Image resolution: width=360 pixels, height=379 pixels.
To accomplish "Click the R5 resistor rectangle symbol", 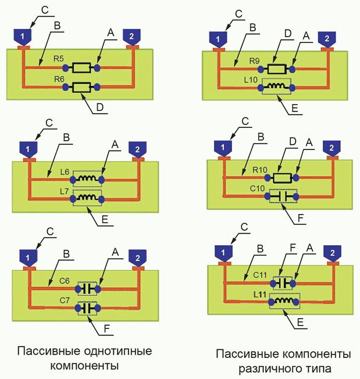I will click(x=80, y=68).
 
